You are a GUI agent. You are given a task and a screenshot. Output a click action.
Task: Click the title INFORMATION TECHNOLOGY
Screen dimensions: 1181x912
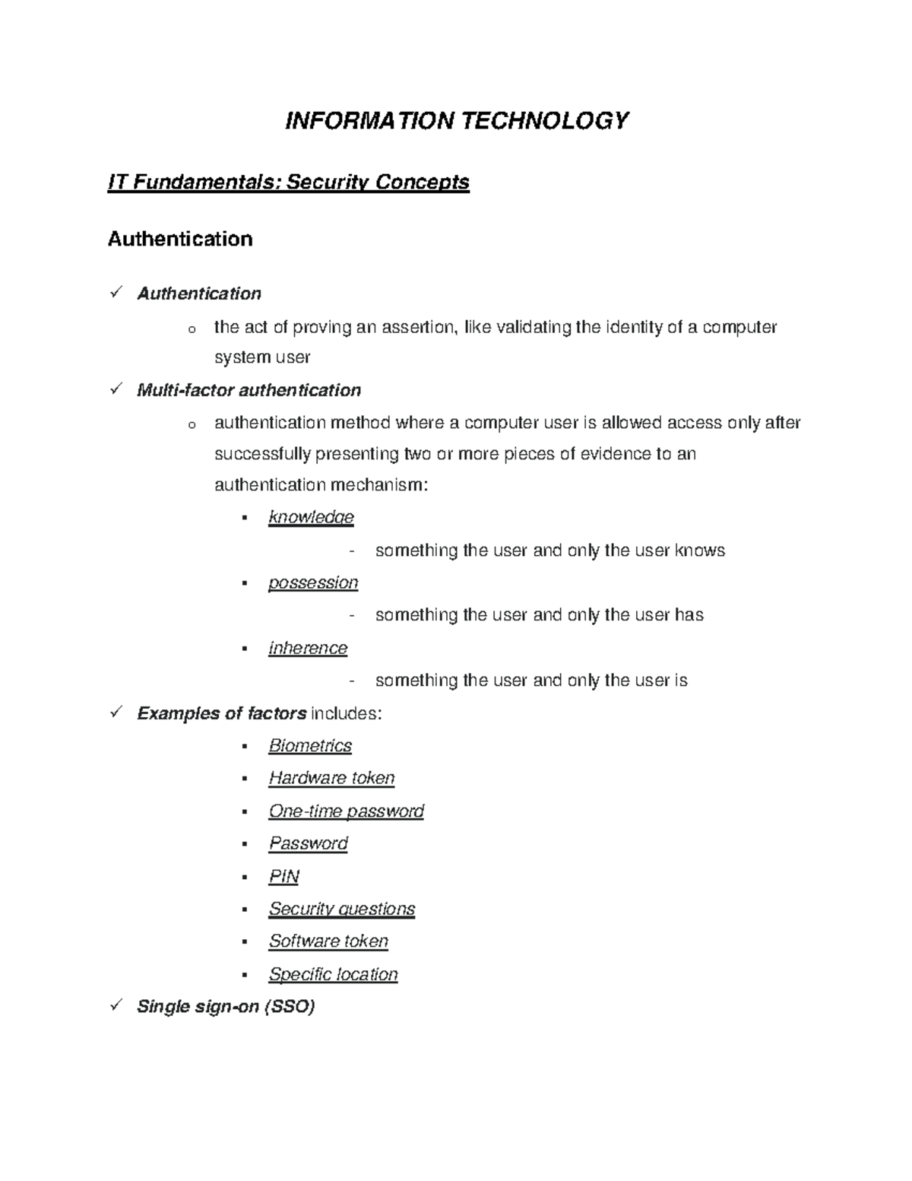click(x=457, y=121)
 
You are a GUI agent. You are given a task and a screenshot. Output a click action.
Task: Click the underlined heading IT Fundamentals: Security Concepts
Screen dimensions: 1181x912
click(x=289, y=183)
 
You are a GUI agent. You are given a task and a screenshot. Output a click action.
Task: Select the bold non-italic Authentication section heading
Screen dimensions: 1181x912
click(x=180, y=239)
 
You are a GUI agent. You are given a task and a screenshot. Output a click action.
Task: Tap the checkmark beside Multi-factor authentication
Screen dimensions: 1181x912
click(x=116, y=389)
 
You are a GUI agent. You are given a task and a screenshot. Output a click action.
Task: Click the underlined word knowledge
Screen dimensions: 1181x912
click(x=311, y=517)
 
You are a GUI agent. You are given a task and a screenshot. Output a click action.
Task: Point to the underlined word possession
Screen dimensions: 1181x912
click(x=312, y=583)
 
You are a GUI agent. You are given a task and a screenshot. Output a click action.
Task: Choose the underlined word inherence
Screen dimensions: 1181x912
click(x=308, y=648)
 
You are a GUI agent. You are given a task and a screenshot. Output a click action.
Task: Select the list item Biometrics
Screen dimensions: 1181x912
click(x=310, y=745)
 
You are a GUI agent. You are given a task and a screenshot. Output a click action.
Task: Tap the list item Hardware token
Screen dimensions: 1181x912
click(x=331, y=778)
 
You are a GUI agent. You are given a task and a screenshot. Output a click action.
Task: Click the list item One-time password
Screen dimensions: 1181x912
click(x=346, y=811)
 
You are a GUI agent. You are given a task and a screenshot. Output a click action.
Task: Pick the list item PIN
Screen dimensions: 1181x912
click(x=283, y=876)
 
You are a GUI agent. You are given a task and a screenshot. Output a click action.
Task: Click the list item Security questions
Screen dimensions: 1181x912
click(x=341, y=909)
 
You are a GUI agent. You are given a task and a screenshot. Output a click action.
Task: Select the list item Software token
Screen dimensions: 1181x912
click(x=328, y=941)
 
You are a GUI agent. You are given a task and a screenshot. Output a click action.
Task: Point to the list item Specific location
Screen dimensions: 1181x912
click(x=333, y=974)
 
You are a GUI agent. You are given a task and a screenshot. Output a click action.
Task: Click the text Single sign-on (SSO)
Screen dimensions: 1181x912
click(x=226, y=1007)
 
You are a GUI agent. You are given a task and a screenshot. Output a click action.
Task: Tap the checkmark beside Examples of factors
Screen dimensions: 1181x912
click(x=116, y=713)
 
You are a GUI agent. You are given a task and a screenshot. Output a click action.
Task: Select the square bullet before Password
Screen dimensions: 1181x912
click(x=245, y=844)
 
